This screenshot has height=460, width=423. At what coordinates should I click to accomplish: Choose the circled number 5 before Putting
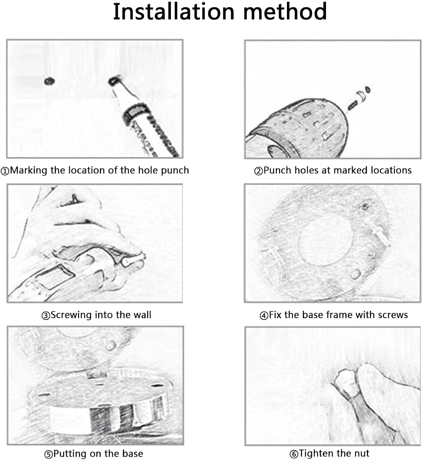[x=48, y=454]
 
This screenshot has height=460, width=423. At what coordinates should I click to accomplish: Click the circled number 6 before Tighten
[x=294, y=454]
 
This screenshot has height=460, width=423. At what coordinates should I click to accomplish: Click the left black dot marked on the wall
[x=49, y=81]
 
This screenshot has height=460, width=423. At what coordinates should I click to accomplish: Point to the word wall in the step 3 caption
[x=142, y=315]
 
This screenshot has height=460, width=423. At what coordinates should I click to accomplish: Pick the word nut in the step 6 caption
[x=362, y=454]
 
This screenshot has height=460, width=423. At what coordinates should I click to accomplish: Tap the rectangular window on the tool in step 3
[x=55, y=277]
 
